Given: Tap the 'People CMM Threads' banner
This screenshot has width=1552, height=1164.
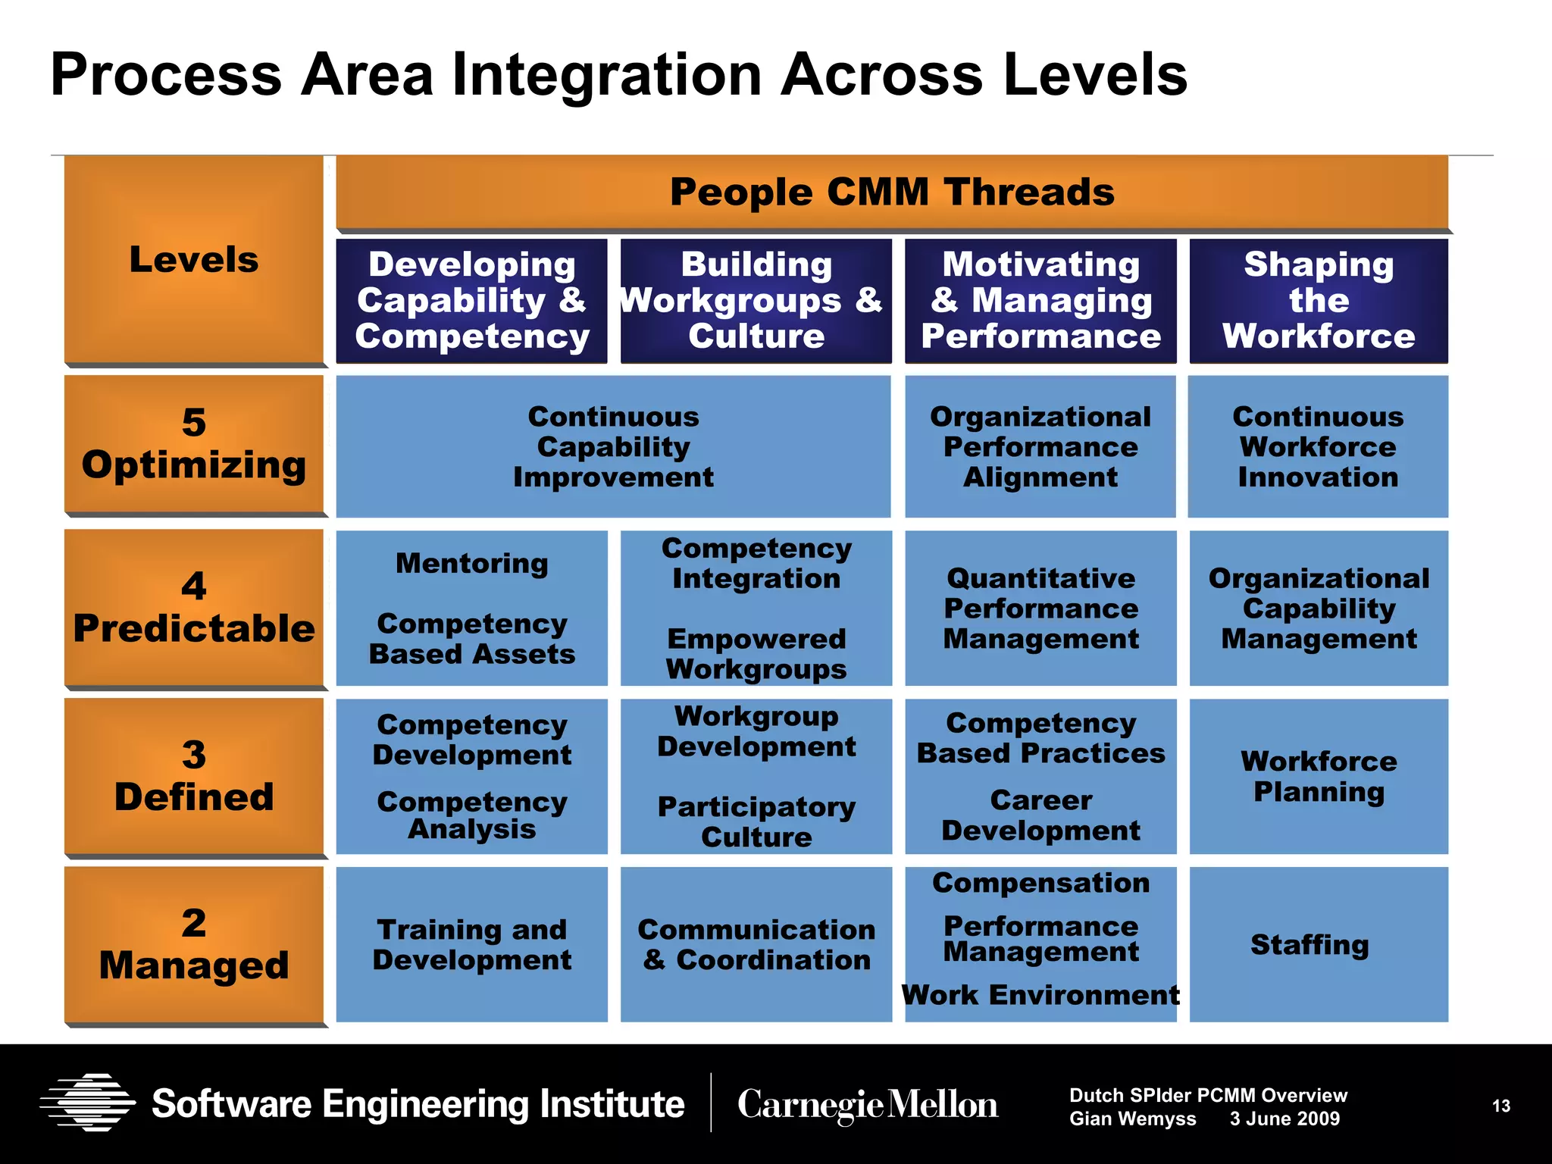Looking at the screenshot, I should pyautogui.click(x=892, y=192).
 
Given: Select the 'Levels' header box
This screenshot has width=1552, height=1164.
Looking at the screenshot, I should pyautogui.click(x=194, y=259).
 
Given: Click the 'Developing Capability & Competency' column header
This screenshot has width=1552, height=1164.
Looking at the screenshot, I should pyautogui.click(x=471, y=301).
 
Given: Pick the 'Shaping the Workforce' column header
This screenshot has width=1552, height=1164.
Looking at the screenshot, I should pyautogui.click(x=1319, y=301).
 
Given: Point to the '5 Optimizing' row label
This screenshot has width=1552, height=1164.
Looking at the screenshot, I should pyautogui.click(x=194, y=444).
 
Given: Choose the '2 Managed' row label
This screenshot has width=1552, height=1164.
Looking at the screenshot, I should pyautogui.click(x=194, y=944).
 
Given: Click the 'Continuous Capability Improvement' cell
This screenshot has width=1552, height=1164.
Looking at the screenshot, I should pyautogui.click(x=613, y=447).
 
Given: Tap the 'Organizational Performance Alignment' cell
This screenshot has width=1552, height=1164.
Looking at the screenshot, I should pyautogui.click(x=1040, y=447).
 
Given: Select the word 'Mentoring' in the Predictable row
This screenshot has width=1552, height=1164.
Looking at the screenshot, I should pyautogui.click(x=471, y=564).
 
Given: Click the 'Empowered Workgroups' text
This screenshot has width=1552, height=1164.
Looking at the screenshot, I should pyautogui.click(x=756, y=654).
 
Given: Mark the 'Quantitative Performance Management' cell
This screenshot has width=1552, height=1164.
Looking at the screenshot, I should pyautogui.click(x=1040, y=609).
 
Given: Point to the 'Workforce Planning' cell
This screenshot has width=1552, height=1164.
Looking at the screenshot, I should pyautogui.click(x=1319, y=776).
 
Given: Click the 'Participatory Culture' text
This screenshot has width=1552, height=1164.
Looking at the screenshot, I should pyautogui.click(x=756, y=822).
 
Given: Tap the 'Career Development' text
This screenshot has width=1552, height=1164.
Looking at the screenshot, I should pyautogui.click(x=1040, y=815).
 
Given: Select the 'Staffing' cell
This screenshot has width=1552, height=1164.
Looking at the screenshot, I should pyautogui.click(x=1309, y=945).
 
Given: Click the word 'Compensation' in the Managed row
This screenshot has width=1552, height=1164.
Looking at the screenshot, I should pyautogui.click(x=1040, y=883).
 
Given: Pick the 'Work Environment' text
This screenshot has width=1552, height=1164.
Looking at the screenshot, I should pyautogui.click(x=1040, y=995).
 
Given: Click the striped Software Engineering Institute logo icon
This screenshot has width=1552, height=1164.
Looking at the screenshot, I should pyautogui.click(x=88, y=1103).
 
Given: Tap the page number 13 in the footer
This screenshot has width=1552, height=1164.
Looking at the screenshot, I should pyautogui.click(x=1500, y=1106).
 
